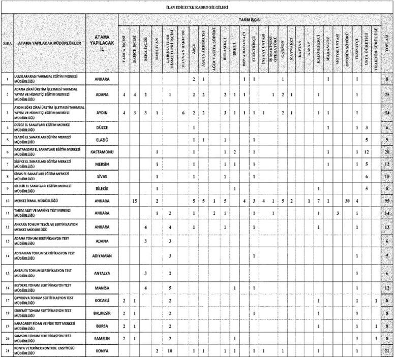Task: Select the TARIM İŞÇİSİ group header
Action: (250, 19)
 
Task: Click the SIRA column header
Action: (7, 44)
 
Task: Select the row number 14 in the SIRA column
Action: (7, 256)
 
